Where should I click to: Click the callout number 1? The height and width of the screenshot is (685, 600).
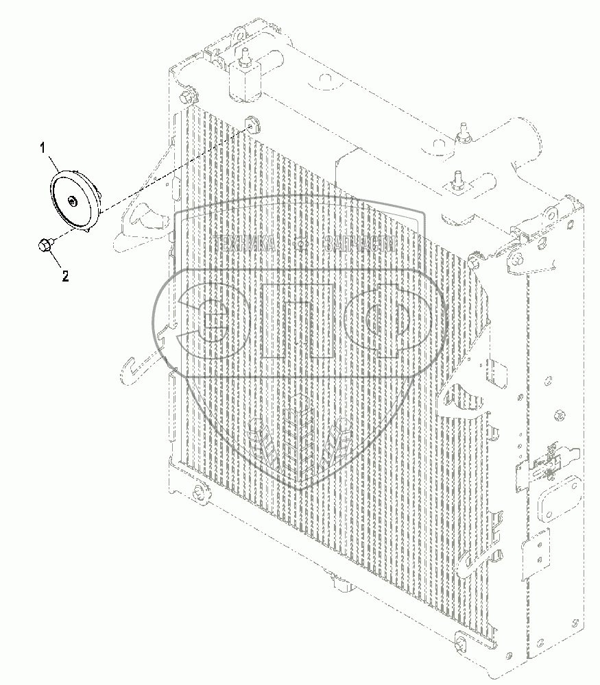(43, 147)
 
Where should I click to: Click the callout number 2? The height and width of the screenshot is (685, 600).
(66, 277)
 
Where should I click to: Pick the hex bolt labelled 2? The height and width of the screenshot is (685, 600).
(45, 245)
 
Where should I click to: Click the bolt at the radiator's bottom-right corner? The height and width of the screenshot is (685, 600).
(459, 645)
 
